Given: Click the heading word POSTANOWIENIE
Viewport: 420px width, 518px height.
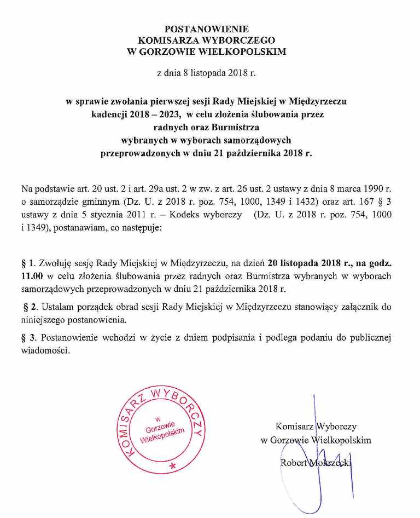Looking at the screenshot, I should coord(206,28).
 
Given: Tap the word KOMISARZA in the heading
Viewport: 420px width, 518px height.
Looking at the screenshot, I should coord(173,40).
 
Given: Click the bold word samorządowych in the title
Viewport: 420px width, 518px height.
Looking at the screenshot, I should coord(260,140).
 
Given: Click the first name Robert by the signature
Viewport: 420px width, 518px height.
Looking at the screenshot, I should coord(293,463).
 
